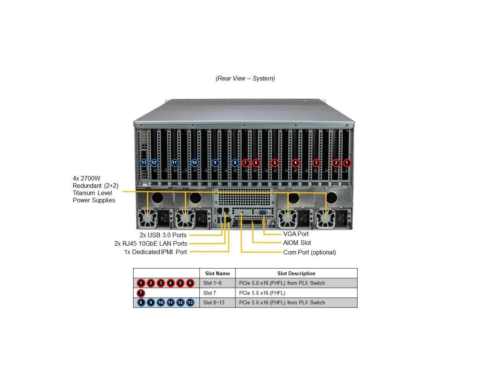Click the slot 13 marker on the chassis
point(144,163)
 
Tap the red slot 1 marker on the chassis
point(347,163)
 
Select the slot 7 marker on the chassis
point(245,163)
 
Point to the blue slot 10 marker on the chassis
point(194,163)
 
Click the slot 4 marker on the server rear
point(295,163)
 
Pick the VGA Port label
point(296,234)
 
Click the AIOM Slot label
point(297,243)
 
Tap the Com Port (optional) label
point(309,252)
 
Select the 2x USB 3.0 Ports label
point(163,235)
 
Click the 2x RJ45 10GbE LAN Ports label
point(150,243)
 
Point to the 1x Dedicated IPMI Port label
point(155,252)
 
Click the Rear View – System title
point(245,79)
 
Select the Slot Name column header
point(217,273)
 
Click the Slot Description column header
point(296,273)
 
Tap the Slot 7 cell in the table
point(210,293)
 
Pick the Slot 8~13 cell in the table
point(214,302)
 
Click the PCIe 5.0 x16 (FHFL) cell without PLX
point(262,293)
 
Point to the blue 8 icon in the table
point(141,302)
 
